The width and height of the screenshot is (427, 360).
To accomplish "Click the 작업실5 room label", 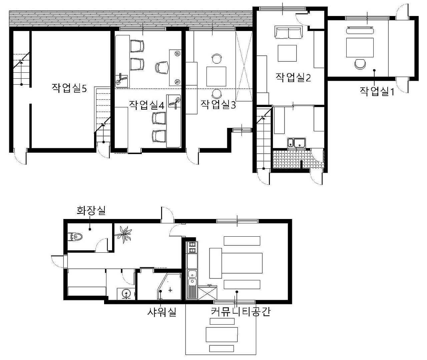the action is [x=69, y=88].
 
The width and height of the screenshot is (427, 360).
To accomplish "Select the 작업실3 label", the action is [x=218, y=104].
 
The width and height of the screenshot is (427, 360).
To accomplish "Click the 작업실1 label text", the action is [x=377, y=91].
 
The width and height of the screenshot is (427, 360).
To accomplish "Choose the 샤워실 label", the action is [x=162, y=312].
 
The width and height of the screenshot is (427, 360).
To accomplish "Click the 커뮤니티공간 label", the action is [x=241, y=312].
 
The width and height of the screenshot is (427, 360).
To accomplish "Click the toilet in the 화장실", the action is [x=75, y=237].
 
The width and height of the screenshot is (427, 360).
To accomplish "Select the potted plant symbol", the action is [x=123, y=234].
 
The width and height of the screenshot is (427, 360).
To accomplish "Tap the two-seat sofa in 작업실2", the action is [x=288, y=32].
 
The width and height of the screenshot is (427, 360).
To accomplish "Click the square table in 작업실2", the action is [x=287, y=53].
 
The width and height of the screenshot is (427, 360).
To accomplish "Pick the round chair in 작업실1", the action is [x=360, y=64].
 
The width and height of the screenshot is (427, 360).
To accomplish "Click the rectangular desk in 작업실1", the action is [x=360, y=47].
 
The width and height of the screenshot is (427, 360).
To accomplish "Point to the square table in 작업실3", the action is [x=216, y=76].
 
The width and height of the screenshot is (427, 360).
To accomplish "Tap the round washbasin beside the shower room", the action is [x=126, y=294].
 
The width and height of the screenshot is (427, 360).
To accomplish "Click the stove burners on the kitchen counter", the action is [x=192, y=247].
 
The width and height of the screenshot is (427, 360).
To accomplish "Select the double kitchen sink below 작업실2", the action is [x=297, y=143].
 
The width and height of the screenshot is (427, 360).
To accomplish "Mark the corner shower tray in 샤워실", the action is [x=169, y=286].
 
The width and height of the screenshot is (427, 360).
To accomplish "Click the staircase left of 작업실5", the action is [x=21, y=69].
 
